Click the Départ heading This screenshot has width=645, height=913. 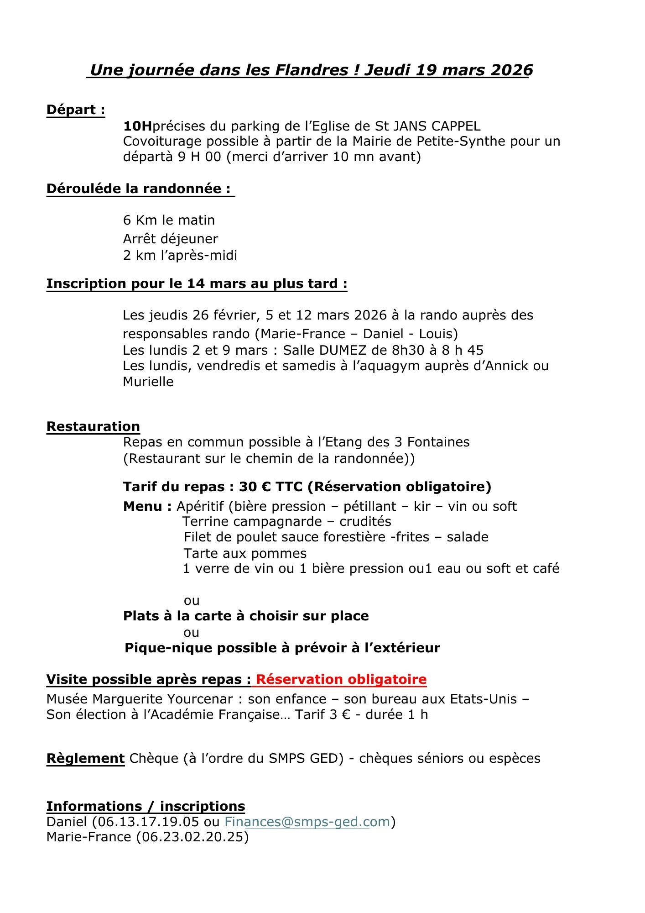[x=76, y=110]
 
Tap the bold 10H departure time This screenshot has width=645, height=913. [x=138, y=126]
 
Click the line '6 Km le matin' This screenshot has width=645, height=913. [x=169, y=220]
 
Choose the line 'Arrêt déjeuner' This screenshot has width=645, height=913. [x=171, y=239]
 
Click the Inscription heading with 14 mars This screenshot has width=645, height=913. [x=197, y=284]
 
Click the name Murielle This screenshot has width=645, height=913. [x=148, y=382]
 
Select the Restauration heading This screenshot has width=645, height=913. [x=93, y=426]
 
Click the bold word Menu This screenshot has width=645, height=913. [x=143, y=506]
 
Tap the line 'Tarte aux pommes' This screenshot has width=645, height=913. [x=245, y=553]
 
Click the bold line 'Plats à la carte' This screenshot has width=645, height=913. [x=246, y=616]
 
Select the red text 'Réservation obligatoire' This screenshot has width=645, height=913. [x=341, y=679]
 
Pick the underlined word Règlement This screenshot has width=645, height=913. [x=85, y=758]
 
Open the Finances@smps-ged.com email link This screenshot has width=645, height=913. [x=307, y=822]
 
